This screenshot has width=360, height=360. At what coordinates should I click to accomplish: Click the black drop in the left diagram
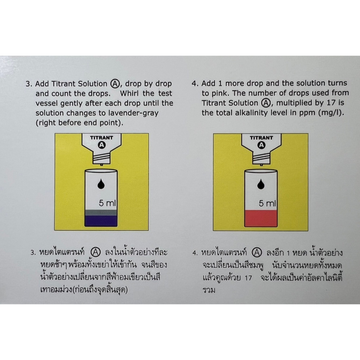coord(101,184)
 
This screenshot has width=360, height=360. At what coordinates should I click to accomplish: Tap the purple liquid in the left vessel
coord(101,221)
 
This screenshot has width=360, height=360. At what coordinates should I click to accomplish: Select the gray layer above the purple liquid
coord(101,213)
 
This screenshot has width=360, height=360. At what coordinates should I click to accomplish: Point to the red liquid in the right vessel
coord(261,218)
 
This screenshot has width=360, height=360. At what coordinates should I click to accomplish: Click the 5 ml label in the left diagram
coord(107,203)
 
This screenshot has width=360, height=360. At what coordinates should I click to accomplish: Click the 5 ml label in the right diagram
coord(267,203)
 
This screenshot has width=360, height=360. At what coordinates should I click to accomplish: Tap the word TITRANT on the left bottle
coord(102,138)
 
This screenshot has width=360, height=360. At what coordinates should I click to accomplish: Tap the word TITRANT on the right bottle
coord(261,138)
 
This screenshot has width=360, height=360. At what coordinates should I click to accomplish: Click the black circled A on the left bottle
coord(102,145)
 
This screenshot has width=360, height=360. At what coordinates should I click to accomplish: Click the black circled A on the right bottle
coord(261,145)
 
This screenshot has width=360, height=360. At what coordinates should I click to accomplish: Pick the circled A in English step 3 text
coord(115,84)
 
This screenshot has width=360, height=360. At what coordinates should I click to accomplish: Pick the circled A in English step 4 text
coord(266,103)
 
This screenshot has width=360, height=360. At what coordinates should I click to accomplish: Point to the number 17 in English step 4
coord(331,103)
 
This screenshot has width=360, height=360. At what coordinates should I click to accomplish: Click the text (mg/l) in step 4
coord(331,113)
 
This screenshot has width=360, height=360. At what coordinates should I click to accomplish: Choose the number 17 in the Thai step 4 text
coord(248,278)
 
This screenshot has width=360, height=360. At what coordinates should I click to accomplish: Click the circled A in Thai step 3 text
coord(96,252)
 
